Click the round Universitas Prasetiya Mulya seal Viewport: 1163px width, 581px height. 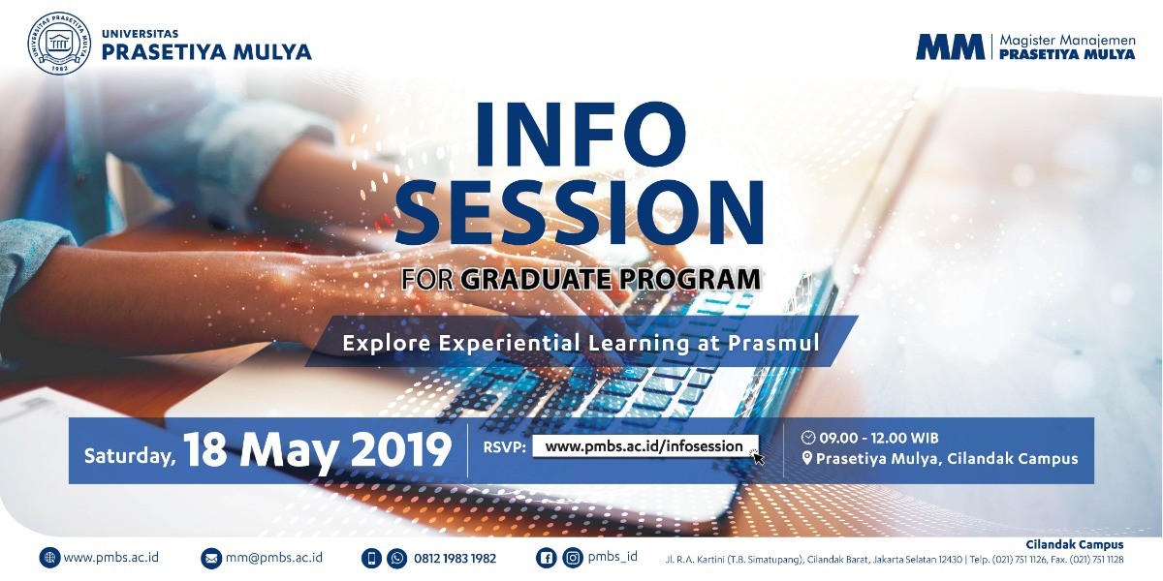pos(59,43)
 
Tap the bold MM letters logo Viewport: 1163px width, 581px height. pos(950,47)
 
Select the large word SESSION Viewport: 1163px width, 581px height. pos(580,213)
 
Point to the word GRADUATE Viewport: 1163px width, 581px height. pos(536,279)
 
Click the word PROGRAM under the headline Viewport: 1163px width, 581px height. pos(689,279)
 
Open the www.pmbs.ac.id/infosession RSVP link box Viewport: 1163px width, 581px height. pos(644,446)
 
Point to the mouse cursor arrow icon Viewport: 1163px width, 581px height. pos(758,457)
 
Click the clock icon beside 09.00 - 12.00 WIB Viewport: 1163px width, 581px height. pos(808,438)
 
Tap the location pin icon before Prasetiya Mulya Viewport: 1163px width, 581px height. pos(806,458)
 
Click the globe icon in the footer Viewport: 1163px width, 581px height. pos(49,558)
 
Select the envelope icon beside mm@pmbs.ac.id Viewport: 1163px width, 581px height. pos(211,559)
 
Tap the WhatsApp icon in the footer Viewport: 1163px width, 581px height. pos(397,559)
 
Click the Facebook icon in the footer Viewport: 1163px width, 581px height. pos(547,558)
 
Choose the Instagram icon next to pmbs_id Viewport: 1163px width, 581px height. pos(573,558)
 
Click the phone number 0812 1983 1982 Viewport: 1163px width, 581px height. pos(455,559)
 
